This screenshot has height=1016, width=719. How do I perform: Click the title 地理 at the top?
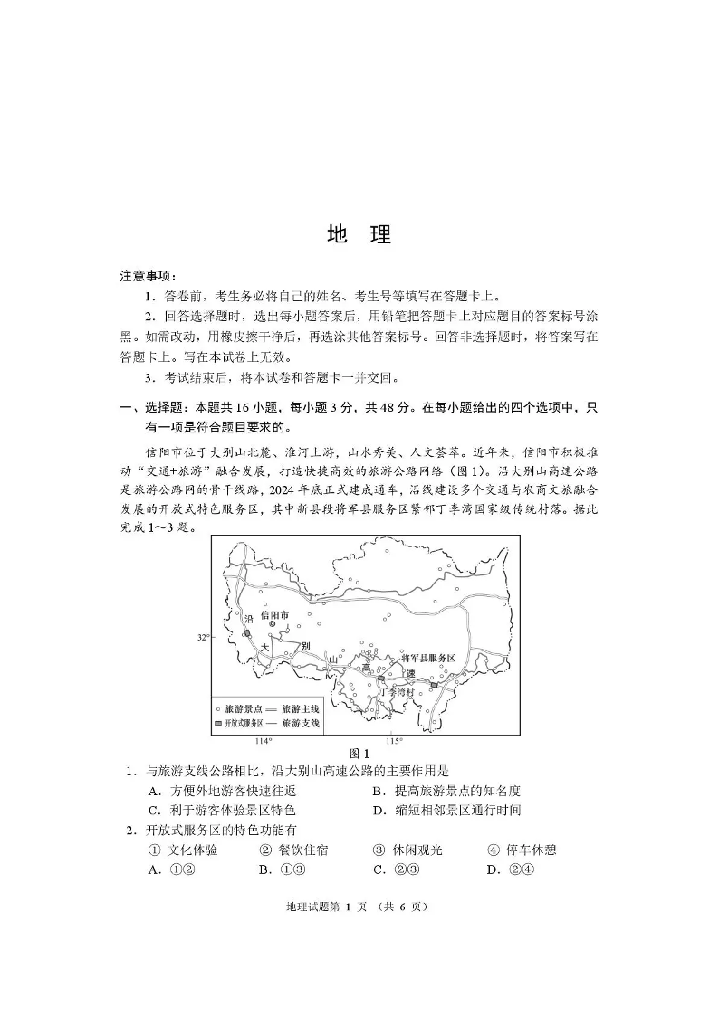coord(359,235)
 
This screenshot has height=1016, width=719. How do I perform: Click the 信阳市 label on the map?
coord(275,615)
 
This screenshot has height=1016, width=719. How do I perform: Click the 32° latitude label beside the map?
coord(204,637)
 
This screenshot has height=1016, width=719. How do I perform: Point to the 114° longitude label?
coord(263,741)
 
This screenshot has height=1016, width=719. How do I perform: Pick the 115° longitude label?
coord(394,741)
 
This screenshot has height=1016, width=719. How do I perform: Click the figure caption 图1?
coord(360,753)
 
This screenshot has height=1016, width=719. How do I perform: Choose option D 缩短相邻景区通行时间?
coord(446,811)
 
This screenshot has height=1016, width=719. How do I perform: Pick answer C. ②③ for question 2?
coord(394,870)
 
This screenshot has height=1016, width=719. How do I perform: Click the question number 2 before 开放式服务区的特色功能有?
coord(130,831)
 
